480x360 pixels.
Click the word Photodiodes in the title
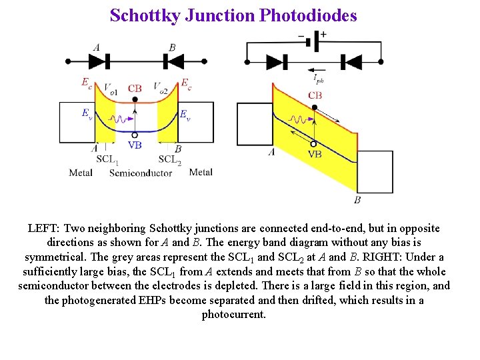(307, 15)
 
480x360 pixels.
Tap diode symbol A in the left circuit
(99, 62)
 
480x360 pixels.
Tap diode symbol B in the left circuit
(173, 62)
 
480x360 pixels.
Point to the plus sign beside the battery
(323, 34)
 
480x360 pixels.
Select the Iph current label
(319, 79)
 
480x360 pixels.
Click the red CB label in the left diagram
(135, 88)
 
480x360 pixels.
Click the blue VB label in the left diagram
(135, 145)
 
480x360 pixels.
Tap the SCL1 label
(107, 159)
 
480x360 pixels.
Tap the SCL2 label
(170, 159)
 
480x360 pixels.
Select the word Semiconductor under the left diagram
(140, 173)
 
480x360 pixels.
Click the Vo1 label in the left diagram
(111, 87)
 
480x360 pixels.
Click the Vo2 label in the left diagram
(161, 87)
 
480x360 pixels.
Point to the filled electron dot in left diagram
(135, 99)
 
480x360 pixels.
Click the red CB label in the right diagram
(315, 95)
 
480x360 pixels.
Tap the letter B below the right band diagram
(357, 199)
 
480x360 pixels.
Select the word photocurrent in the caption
(234, 314)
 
